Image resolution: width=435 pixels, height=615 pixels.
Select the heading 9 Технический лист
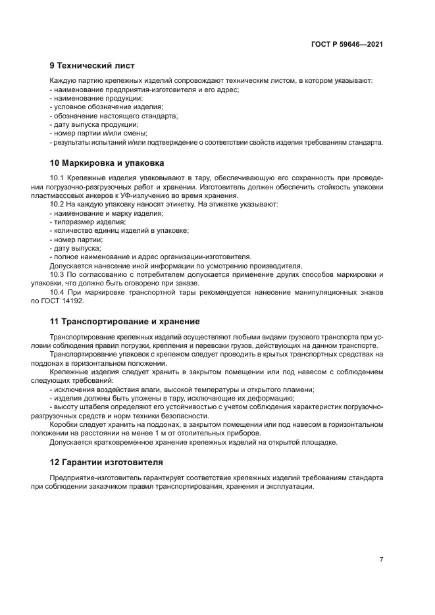pos(92,66)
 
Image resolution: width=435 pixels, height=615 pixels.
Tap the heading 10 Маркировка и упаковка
pos(107,162)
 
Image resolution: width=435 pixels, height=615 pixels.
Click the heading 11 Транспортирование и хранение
pos(124,322)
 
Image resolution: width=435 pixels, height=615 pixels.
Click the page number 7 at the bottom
pos(381,559)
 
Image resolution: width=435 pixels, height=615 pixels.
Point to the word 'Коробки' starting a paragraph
pos(63,425)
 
